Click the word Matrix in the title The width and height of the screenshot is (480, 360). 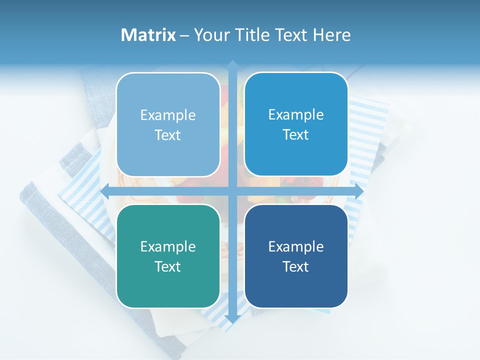[148, 35]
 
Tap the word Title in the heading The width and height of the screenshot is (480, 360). [252, 35]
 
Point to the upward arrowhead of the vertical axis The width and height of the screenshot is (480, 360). [232, 64]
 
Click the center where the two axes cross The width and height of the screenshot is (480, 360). [232, 191]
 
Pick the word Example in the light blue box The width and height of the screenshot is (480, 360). [168, 115]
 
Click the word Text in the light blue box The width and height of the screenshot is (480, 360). [168, 135]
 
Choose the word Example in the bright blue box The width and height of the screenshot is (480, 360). [296, 114]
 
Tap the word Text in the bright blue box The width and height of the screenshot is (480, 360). [296, 134]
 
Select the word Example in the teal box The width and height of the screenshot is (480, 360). [168, 246]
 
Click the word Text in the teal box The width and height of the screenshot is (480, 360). [168, 266]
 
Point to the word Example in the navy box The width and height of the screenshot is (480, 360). [296, 246]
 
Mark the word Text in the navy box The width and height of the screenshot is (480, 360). [296, 266]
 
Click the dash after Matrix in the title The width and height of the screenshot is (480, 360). [184, 35]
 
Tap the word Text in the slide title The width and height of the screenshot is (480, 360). [291, 35]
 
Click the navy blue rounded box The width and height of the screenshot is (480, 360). [296, 290]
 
